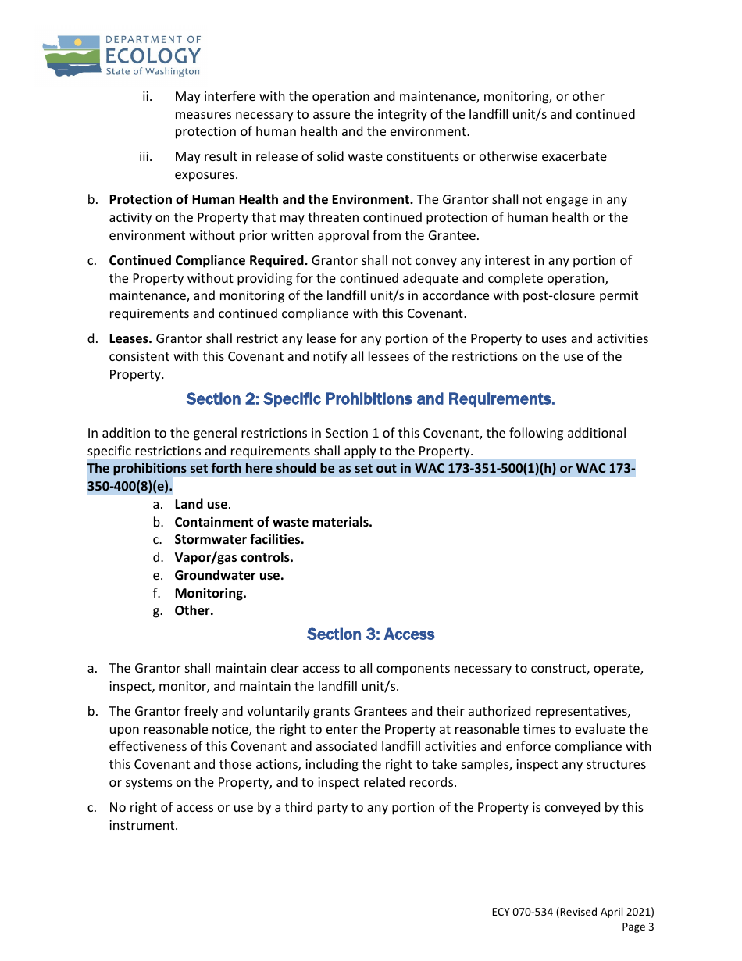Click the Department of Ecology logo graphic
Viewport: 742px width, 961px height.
[x=71, y=55]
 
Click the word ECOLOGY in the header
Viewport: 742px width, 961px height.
[x=152, y=55]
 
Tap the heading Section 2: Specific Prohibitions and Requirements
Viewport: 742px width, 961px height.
[x=370, y=399]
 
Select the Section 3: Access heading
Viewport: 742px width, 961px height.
[x=370, y=634]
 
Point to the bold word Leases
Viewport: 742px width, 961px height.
[x=130, y=339]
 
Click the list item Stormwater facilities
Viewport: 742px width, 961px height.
[x=239, y=540]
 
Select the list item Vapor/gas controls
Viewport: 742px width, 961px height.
[x=234, y=558]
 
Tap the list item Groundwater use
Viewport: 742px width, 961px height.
[x=229, y=575]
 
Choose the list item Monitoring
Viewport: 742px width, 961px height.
[x=210, y=593]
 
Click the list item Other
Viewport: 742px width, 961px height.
[x=194, y=611]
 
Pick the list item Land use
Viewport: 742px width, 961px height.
[x=201, y=505]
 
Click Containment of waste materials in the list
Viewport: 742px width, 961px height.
[x=273, y=522]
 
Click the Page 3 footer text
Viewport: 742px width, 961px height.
[x=637, y=927]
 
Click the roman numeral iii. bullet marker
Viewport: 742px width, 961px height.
[x=145, y=157]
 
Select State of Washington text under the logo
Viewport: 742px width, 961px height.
[x=152, y=71]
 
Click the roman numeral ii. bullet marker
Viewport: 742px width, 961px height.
[x=147, y=97]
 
